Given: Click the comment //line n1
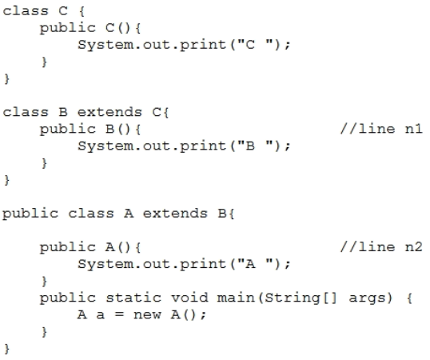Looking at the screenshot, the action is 381,129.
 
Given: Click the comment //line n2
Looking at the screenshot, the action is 381,247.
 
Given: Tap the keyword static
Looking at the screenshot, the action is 133,298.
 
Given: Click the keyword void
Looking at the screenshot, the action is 189,298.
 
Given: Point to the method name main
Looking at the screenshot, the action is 236,298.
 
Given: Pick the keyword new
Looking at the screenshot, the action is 147,314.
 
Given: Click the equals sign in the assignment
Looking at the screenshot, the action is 119,314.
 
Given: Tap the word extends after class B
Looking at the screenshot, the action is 109,112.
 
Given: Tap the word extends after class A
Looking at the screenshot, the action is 175,214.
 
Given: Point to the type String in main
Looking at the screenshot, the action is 293,298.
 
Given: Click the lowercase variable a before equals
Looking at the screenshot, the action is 101,315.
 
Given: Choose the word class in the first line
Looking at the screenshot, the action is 26,11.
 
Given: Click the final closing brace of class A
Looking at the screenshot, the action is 7,349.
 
